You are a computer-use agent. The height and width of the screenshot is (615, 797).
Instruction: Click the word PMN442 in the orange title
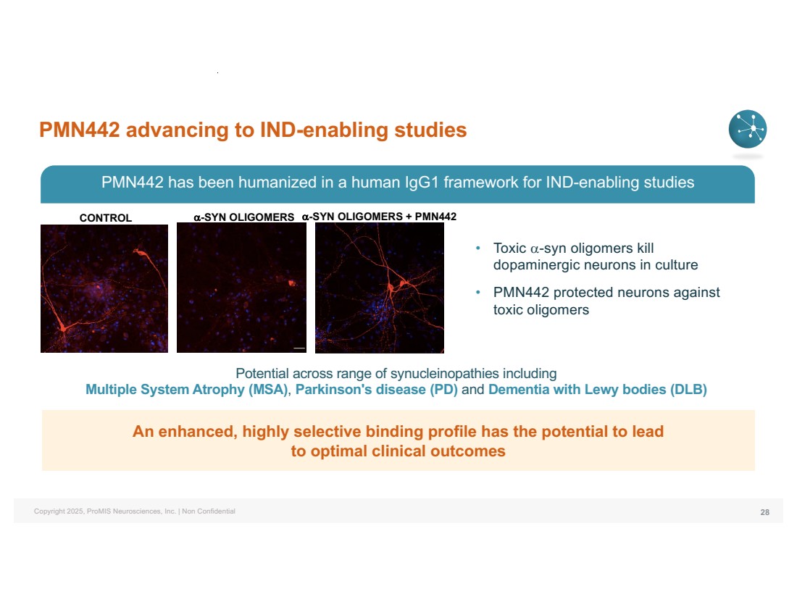pyautogui.click(x=79, y=130)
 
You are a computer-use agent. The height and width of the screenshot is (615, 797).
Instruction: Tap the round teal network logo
pyautogui.click(x=747, y=129)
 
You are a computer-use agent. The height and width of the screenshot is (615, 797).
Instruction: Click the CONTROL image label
pyautogui.click(x=106, y=217)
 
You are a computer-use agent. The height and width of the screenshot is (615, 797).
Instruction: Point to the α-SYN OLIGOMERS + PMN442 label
pyautogui.click(x=379, y=217)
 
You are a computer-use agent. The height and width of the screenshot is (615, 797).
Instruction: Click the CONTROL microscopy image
pyautogui.click(x=104, y=288)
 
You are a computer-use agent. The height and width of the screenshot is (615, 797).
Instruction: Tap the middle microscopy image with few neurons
pyautogui.click(x=241, y=288)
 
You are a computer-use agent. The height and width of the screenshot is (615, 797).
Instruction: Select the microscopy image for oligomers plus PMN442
pyautogui.click(x=380, y=288)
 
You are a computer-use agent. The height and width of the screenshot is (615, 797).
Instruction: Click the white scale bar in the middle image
pyautogui.click(x=299, y=348)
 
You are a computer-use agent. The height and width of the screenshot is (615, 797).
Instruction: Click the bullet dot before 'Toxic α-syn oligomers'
pyautogui.click(x=477, y=248)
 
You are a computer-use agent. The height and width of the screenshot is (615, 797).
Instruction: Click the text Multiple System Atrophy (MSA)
pyautogui.click(x=186, y=389)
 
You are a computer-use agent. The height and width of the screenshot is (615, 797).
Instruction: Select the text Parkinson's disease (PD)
pyautogui.click(x=377, y=389)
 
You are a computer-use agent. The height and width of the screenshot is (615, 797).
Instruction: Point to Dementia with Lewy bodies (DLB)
pyautogui.click(x=598, y=389)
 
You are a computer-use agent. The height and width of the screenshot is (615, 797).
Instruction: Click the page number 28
pyautogui.click(x=764, y=512)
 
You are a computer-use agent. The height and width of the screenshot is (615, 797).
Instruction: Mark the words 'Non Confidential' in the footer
pyautogui.click(x=209, y=511)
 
